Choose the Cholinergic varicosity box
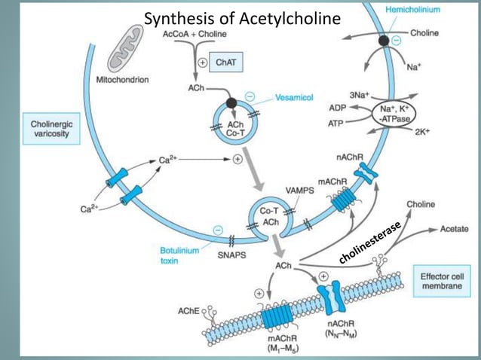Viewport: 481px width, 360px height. tap(52, 128)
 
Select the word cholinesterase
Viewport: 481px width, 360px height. tap(369, 242)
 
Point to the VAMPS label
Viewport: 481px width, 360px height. tap(301, 191)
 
